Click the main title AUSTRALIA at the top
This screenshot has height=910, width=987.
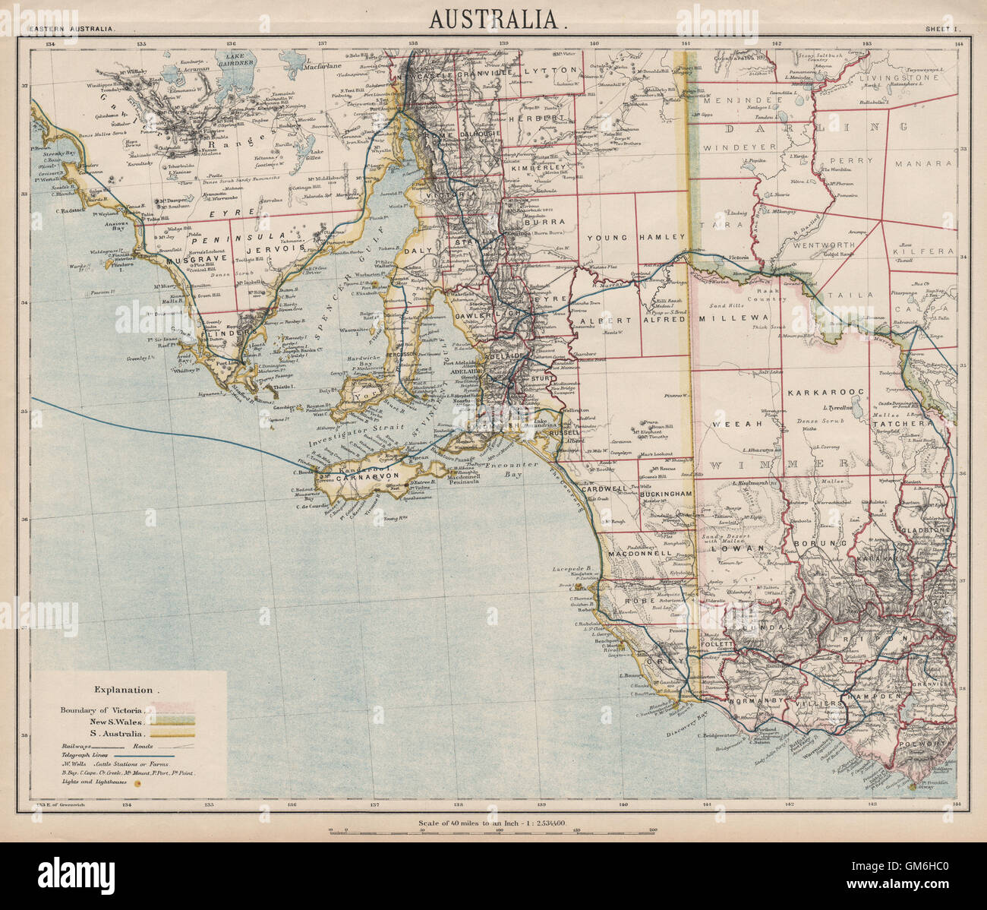pos(497,18)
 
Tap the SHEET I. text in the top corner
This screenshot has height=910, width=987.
pos(942,29)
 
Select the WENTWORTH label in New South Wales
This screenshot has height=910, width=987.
pos(824,246)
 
